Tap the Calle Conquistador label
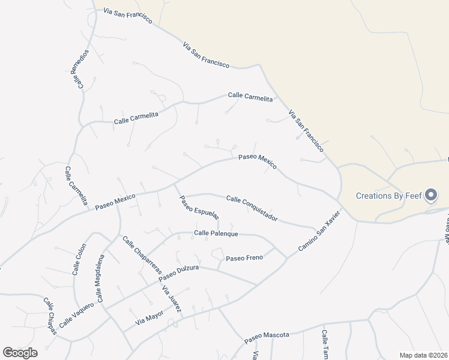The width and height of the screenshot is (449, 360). (x=252, y=208)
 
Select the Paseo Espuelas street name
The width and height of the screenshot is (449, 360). (x=199, y=208)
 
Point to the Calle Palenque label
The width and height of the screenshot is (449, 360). (x=216, y=233)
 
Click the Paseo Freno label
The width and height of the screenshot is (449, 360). (x=244, y=258)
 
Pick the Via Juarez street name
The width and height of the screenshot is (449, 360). (x=172, y=298)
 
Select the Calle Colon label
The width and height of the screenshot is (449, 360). (x=79, y=259)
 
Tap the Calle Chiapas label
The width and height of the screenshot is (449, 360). (x=50, y=316)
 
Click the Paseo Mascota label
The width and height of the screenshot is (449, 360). (x=267, y=338)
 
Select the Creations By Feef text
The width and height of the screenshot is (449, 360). (x=388, y=196)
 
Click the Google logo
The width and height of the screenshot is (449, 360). (x=20, y=352)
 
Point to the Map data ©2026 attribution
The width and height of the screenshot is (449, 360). (x=424, y=355)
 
